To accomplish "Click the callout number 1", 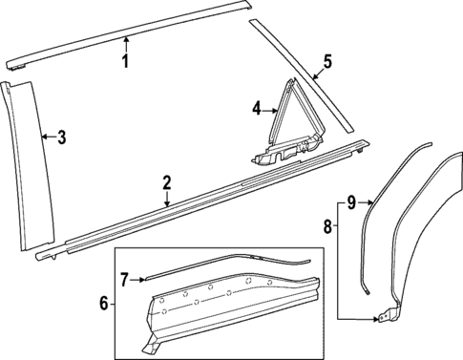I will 124,62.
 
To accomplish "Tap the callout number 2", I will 167,181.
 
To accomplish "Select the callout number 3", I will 61,138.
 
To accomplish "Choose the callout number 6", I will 104,304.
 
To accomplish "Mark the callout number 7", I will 125,279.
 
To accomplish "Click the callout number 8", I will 329,226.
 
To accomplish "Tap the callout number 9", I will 351,201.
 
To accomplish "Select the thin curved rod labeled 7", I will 229,265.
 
